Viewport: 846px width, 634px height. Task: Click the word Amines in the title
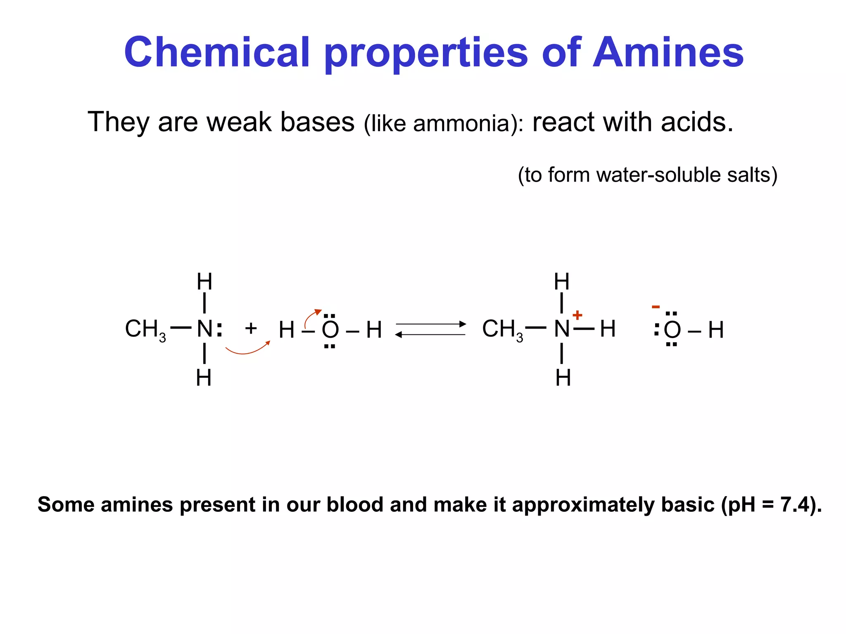pyautogui.click(x=668, y=52)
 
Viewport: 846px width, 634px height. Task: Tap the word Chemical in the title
pyautogui.click(x=217, y=52)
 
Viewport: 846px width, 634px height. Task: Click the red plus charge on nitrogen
pyautogui.click(x=577, y=315)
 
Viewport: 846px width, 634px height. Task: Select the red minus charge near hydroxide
pyautogui.click(x=656, y=307)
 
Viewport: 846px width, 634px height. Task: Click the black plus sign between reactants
pyautogui.click(x=251, y=329)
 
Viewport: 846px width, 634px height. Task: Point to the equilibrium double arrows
pyautogui.click(x=430, y=329)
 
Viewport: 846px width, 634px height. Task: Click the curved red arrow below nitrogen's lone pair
pyautogui.click(x=247, y=349)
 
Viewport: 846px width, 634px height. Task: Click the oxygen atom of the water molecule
pyautogui.click(x=330, y=330)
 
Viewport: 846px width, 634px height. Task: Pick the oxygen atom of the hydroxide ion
pyautogui.click(x=672, y=330)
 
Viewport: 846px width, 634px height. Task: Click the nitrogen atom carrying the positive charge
pyautogui.click(x=562, y=329)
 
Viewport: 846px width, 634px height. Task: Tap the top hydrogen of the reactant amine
pyautogui.click(x=204, y=282)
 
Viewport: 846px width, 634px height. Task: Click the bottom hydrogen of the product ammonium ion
pyautogui.click(x=563, y=378)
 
